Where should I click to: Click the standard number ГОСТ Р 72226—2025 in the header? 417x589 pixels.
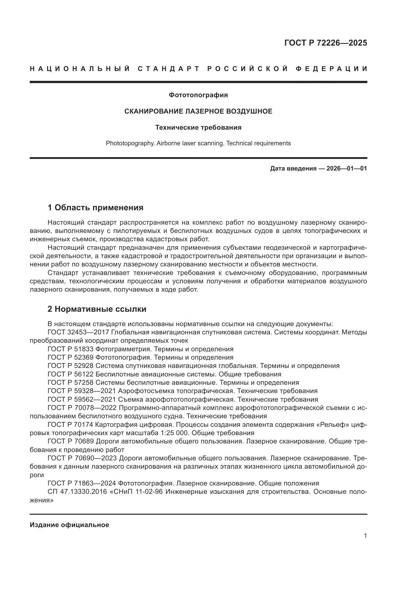pyautogui.click(x=325, y=43)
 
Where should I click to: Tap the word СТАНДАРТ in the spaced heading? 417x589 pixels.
pyautogui.click(x=169, y=69)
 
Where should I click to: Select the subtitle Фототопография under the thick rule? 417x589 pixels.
pyautogui.click(x=198, y=95)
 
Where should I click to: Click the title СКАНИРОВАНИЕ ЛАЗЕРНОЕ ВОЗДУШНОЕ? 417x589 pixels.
pyautogui.click(x=198, y=111)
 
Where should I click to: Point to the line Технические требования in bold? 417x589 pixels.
pyautogui.click(x=198, y=127)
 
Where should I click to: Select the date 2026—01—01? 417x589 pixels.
pyautogui.click(x=346, y=168)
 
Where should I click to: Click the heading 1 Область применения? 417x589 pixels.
pyautogui.click(x=96, y=207)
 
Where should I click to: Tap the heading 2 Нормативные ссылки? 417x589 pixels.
pyautogui.click(x=97, y=309)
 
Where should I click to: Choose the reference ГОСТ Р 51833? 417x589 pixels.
pyautogui.click(x=71, y=349)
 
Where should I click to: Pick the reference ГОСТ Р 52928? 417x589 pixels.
pyautogui.click(x=71, y=366)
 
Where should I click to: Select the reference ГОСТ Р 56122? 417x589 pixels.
pyautogui.click(x=71, y=374)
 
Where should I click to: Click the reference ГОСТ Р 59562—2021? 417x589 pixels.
pyautogui.click(x=82, y=399)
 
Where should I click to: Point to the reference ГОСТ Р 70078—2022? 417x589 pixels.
pyautogui.click(x=82, y=408)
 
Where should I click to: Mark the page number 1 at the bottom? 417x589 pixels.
pyautogui.click(x=365, y=536)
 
